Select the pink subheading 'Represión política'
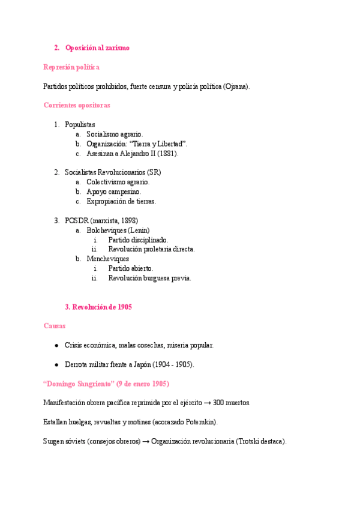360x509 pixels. click(71, 67)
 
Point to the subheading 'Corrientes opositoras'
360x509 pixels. click(76, 105)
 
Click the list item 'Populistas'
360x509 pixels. click(80, 124)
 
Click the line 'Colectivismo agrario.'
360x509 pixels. click(118, 182)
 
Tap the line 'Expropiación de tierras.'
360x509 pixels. click(121, 201)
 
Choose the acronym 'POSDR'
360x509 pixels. click(77, 220)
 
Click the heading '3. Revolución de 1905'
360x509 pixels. click(98, 307)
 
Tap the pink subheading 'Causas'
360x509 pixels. click(55, 326)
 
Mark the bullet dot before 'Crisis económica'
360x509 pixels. click(56, 346)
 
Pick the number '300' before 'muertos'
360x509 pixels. click(219, 403)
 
